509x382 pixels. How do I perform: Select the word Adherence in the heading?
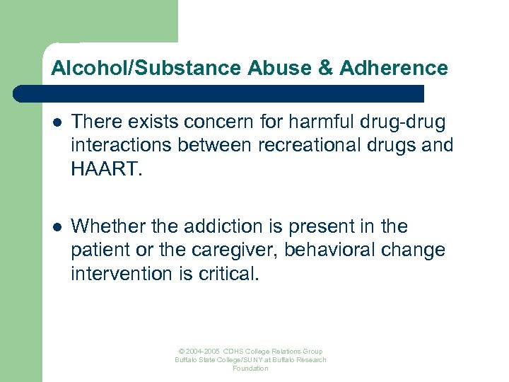click(x=393, y=68)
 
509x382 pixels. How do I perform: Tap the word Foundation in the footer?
click(x=251, y=369)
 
